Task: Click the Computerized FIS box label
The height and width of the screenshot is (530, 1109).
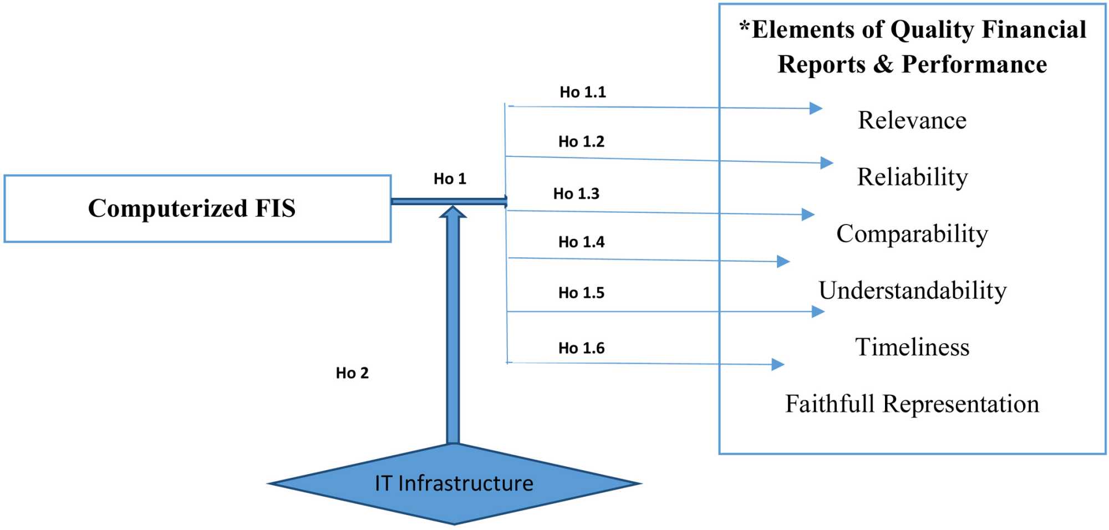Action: pyautogui.click(x=191, y=208)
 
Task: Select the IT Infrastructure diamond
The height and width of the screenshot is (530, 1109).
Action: pyautogui.click(x=454, y=483)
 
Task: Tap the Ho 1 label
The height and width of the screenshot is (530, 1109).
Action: pyautogui.click(x=450, y=179)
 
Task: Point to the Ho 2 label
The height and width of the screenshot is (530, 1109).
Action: pyautogui.click(x=352, y=373)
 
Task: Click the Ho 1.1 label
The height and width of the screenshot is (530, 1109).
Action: pyautogui.click(x=582, y=92)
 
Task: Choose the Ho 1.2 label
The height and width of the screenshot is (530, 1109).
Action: pyautogui.click(x=581, y=141)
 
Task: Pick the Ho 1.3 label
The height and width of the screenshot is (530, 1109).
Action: pyautogui.click(x=576, y=193)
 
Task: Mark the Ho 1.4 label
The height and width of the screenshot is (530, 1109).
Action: pyautogui.click(x=581, y=242)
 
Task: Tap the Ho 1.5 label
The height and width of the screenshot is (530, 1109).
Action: pyautogui.click(x=581, y=292)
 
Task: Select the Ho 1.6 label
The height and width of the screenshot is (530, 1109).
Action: pyautogui.click(x=581, y=348)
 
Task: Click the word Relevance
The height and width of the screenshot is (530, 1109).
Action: pyautogui.click(x=912, y=120)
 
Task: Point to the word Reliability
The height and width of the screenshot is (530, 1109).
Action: pyautogui.click(x=912, y=177)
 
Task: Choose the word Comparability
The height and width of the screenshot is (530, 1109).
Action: pyautogui.click(x=912, y=233)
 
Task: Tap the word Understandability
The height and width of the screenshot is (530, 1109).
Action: pyautogui.click(x=912, y=291)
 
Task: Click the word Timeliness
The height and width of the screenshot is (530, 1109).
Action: pyautogui.click(x=912, y=347)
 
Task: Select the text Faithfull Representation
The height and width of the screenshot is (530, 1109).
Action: pyautogui.click(x=912, y=404)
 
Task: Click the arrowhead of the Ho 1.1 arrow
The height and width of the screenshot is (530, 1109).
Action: pyautogui.click(x=816, y=108)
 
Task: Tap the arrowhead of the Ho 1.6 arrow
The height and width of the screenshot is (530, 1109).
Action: pyautogui.click(x=778, y=364)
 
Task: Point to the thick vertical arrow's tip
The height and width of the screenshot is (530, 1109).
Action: pyautogui.click(x=453, y=210)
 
